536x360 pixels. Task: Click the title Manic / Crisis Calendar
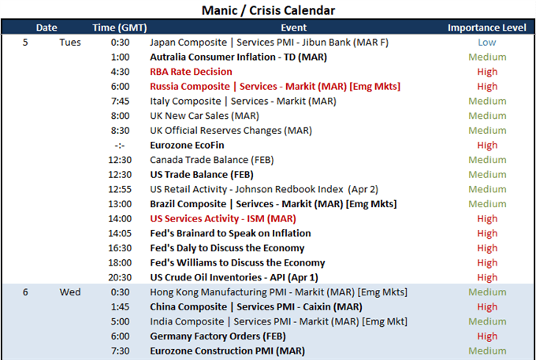tap(268, 10)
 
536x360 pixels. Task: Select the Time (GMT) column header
tap(120, 28)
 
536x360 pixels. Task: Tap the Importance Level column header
tap(487, 28)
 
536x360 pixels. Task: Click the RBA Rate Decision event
tap(191, 72)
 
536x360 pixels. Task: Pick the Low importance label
tap(487, 43)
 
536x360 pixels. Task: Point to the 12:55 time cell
tap(120, 189)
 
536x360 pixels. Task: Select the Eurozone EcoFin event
tap(187, 145)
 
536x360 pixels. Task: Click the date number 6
tap(25, 292)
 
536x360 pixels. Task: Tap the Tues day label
tap(70, 43)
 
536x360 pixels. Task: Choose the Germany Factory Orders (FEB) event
tap(218, 336)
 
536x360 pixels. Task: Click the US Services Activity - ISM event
tap(223, 218)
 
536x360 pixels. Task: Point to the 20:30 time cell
tap(120, 277)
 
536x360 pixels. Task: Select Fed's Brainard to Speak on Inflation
tap(230, 233)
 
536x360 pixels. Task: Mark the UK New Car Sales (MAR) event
tap(204, 116)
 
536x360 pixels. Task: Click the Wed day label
tap(70, 292)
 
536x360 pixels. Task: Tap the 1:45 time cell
tap(120, 306)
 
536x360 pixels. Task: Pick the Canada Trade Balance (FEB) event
tap(212, 160)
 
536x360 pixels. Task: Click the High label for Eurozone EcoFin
tap(487, 145)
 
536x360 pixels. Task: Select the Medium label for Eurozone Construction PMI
tap(487, 351)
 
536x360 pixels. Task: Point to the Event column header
tap(294, 28)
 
